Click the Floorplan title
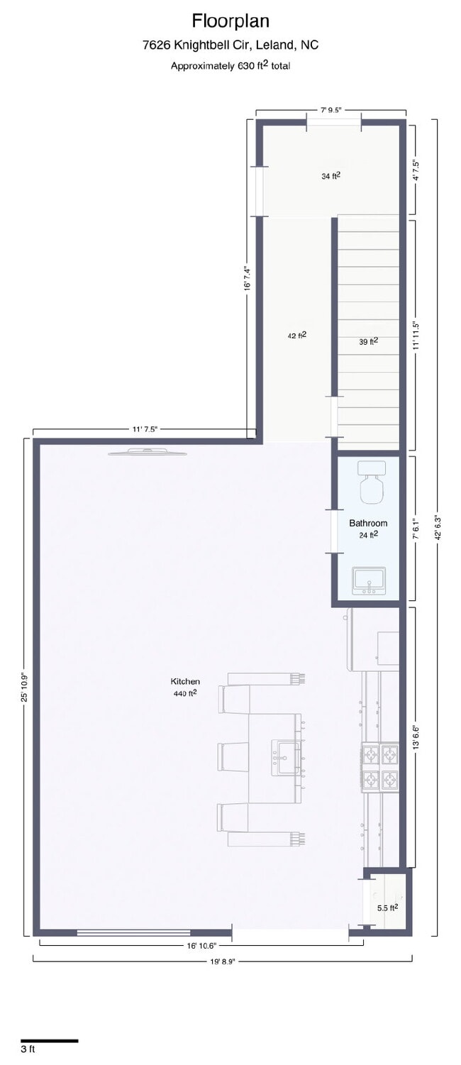(x=230, y=21)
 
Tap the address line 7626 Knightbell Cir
(x=230, y=45)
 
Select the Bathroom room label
(x=368, y=523)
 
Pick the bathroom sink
(x=369, y=580)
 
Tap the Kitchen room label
(x=185, y=681)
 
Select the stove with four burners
(x=381, y=766)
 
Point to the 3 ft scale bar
(x=49, y=1040)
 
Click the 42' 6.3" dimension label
(x=436, y=527)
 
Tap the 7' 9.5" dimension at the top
(x=331, y=110)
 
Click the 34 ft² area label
(x=331, y=176)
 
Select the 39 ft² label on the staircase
(x=368, y=341)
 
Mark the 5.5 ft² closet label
(x=387, y=907)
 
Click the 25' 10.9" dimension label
(x=24, y=687)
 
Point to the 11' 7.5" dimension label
(x=144, y=429)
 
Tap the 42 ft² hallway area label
(x=297, y=336)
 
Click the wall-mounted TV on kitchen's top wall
(x=148, y=452)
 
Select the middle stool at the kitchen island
(x=233, y=756)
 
